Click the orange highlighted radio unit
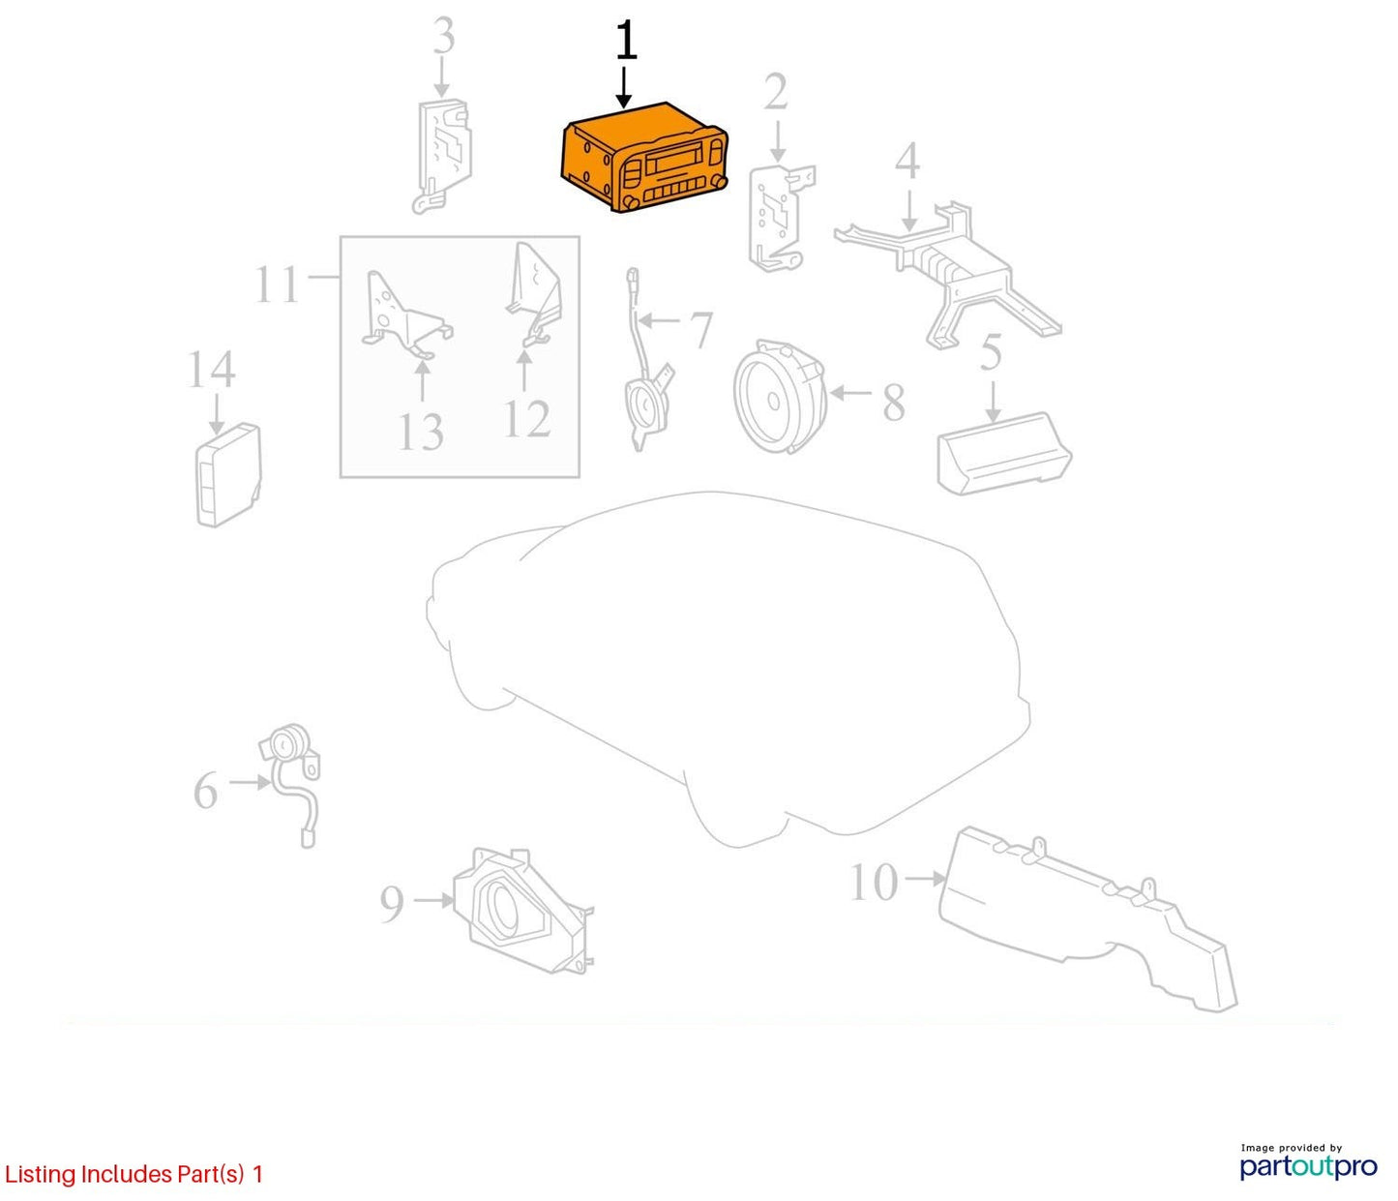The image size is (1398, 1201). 644,158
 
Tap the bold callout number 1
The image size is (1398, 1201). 626,41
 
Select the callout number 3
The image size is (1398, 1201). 443,36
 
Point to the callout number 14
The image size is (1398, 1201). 211,370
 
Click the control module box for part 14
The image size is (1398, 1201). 228,474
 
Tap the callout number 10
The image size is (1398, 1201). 874,882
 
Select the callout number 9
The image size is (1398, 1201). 392,903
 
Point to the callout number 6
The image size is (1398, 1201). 206,791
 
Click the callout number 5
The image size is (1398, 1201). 991,352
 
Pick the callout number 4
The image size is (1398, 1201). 907,161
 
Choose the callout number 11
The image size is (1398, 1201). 277,285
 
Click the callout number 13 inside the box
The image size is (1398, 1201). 421,432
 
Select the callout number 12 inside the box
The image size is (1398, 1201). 527,419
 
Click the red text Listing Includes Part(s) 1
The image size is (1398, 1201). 134,1174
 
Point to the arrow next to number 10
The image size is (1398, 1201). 925,879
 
